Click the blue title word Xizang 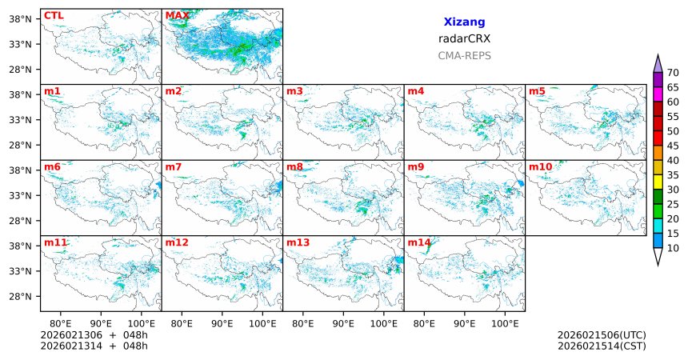pos(464,22)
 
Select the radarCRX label pos(464,38)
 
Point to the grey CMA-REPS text pos(464,56)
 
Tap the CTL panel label pos(53,15)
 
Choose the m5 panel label pos(536,91)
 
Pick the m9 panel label pos(415,166)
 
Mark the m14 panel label pos(418,242)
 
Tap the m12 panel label pos(176,242)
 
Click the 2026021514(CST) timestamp pos(602,346)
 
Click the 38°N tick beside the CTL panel pos(19,18)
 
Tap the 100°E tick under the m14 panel pos(505,324)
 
